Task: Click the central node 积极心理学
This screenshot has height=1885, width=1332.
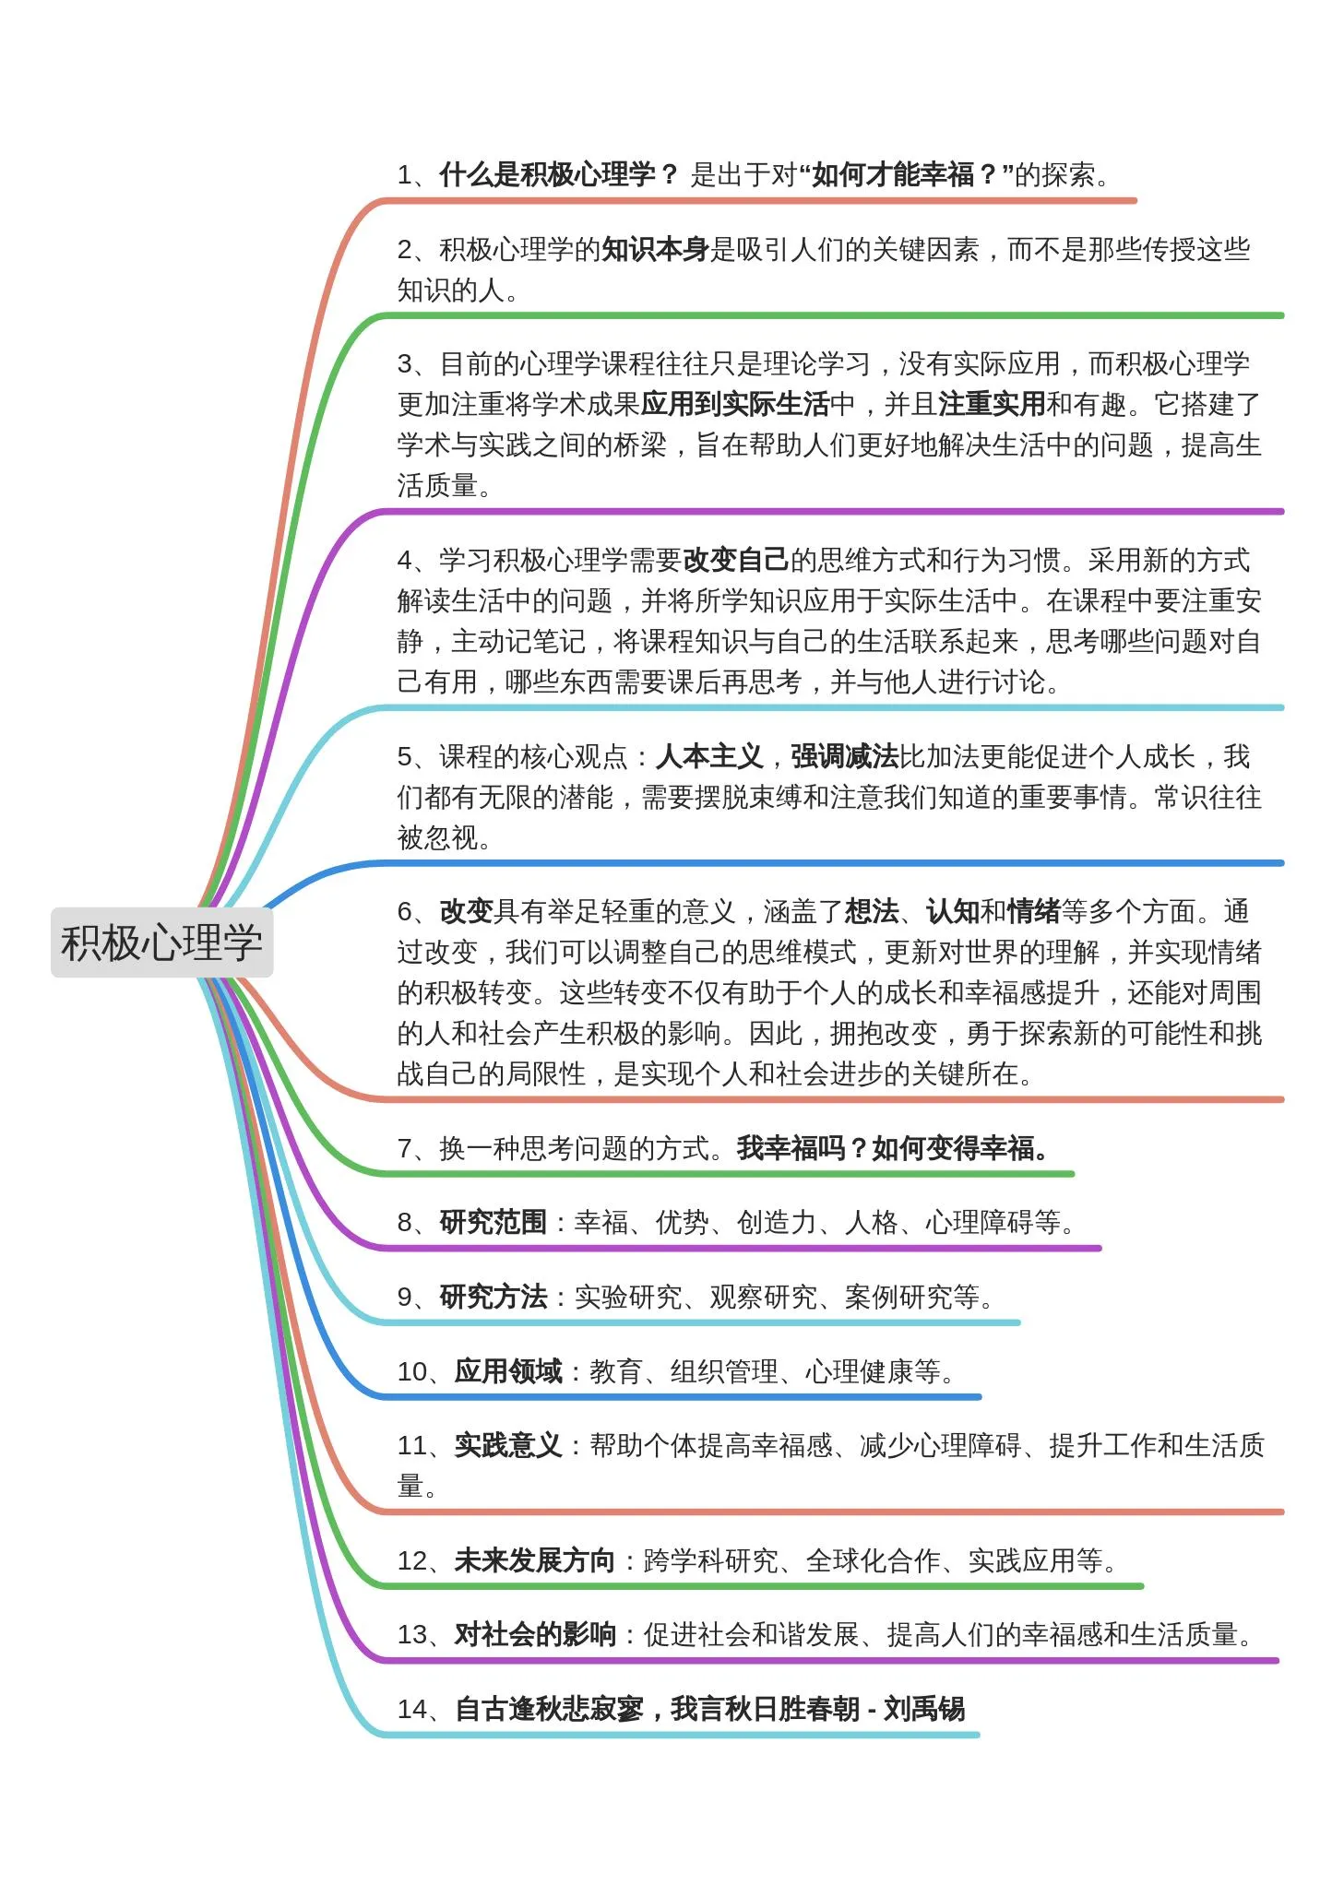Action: (x=161, y=942)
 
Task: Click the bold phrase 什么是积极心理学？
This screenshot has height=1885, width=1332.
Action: (x=558, y=174)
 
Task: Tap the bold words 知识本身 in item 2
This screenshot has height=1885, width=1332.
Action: (x=655, y=249)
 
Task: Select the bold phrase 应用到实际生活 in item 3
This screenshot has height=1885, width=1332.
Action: (x=735, y=404)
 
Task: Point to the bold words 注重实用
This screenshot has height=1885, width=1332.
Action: (x=992, y=404)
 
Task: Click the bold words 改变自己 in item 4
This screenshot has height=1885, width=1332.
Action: (x=735, y=560)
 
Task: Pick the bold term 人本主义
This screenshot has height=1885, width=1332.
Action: (x=709, y=757)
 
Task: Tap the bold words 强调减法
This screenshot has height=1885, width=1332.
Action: (x=844, y=757)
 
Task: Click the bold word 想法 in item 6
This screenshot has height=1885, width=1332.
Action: (x=872, y=912)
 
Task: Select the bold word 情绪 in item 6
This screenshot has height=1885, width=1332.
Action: (x=1033, y=912)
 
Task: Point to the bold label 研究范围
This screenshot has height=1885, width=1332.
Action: (x=494, y=1223)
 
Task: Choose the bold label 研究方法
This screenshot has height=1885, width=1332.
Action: (x=494, y=1298)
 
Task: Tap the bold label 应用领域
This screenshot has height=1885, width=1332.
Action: (x=508, y=1371)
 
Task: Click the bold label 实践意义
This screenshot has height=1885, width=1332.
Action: (x=508, y=1445)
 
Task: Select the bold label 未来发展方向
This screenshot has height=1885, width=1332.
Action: (x=535, y=1560)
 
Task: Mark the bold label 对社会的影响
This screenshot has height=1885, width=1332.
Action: (x=535, y=1635)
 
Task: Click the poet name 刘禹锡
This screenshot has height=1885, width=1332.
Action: (x=924, y=1709)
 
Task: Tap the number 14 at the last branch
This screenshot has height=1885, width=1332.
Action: (x=411, y=1710)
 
